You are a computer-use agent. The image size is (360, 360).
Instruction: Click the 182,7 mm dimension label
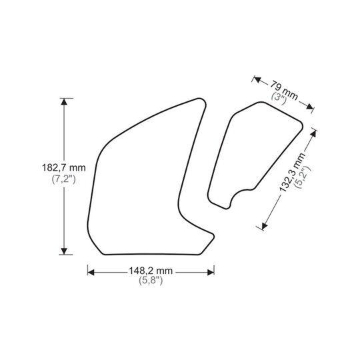pos(63,167)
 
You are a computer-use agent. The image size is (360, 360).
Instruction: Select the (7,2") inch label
pos(63,179)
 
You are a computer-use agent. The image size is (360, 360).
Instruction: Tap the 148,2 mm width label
pos(151,271)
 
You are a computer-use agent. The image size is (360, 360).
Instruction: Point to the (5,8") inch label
pos(151,280)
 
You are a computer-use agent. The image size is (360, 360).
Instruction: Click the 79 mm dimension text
pos(284,90)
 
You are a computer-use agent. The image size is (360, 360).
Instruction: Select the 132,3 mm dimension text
pos(292,172)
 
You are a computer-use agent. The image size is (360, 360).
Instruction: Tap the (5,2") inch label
pos(303,177)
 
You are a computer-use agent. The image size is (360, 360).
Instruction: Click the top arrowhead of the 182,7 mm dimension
pos(64,101)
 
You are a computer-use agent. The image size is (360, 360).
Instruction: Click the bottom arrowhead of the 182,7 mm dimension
pos(64,251)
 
